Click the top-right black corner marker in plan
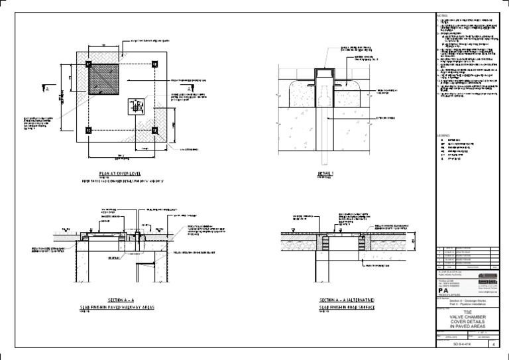pyautogui.click(x=154, y=64)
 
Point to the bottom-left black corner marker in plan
pyautogui.click(x=88, y=130)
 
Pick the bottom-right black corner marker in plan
pyautogui.click(x=154, y=130)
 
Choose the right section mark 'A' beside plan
pyautogui.click(x=188, y=87)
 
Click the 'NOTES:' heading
pyautogui.click(x=443, y=14)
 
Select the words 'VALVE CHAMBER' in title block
pyautogui.click(x=467, y=318)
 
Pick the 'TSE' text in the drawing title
pyautogui.click(x=467, y=313)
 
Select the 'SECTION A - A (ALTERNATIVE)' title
pyautogui.click(x=347, y=301)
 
